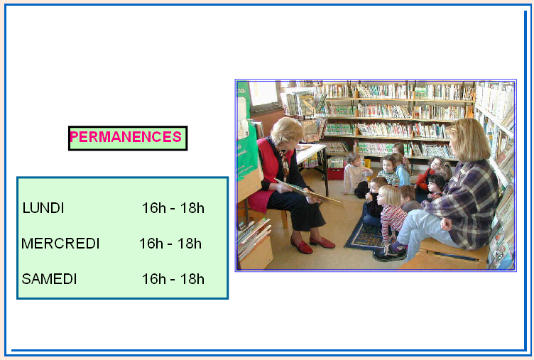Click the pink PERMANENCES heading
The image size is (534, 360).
(x=126, y=137)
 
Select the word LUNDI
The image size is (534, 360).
(x=43, y=208)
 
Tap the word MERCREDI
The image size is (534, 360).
(x=60, y=244)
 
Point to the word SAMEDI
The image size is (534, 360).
(x=49, y=279)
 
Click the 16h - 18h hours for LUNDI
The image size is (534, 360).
(x=173, y=208)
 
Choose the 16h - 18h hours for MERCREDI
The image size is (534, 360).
(x=170, y=244)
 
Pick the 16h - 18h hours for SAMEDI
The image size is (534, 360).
(x=173, y=279)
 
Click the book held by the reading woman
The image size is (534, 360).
(x=308, y=192)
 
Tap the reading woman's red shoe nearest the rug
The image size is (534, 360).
(x=322, y=242)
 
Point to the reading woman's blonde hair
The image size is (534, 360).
(x=286, y=130)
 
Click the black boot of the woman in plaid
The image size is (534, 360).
(x=389, y=253)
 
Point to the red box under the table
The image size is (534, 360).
(x=336, y=173)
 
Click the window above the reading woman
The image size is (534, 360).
(x=264, y=94)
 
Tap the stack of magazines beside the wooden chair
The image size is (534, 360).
(x=254, y=235)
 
